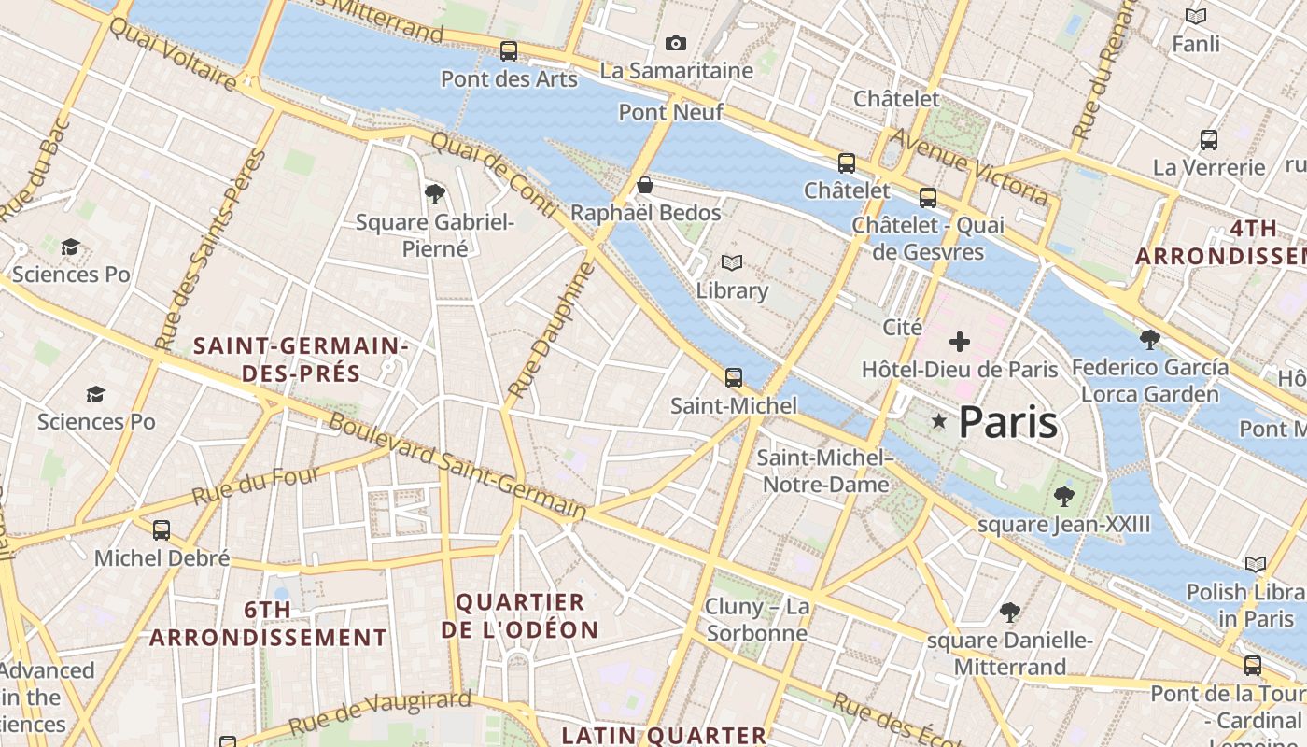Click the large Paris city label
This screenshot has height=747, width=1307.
[1007, 423]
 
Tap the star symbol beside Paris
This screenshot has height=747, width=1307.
[939, 422]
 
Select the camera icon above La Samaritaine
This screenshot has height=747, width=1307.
[676, 43]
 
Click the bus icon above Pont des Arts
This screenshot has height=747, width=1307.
[509, 51]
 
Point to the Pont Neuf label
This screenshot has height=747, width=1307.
[671, 113]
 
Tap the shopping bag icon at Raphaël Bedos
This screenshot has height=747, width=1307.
[644, 185]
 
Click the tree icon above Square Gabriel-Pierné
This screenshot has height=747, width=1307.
[434, 194]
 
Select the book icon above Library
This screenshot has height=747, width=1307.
[732, 263]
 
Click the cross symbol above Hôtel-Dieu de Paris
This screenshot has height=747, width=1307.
[959, 342]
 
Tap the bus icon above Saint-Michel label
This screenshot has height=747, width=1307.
[734, 378]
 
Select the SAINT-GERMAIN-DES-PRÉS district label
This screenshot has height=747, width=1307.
[301, 359]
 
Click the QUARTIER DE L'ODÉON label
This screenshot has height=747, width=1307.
[520, 615]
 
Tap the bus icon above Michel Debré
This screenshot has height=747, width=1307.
[162, 530]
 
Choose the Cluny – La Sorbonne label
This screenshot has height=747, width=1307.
[757, 620]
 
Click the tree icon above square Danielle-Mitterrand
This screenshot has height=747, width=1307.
[1009, 613]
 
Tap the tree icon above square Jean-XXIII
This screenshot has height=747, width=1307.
[1063, 496]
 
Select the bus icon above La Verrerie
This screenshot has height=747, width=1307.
[1209, 140]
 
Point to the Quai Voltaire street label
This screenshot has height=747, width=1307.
[173, 53]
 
